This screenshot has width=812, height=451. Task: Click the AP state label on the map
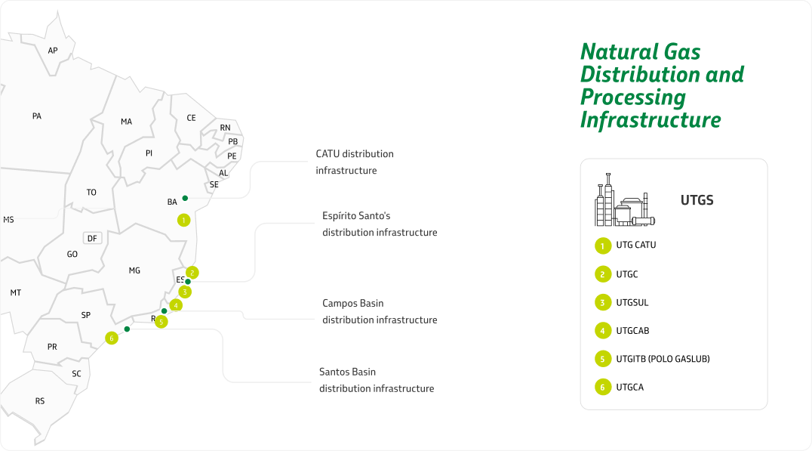point(53,51)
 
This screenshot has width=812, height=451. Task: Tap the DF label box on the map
point(93,238)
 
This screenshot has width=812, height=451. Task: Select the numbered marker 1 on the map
point(183,220)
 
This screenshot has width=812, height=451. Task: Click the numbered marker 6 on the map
point(112,338)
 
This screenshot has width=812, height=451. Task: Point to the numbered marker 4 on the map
point(176,305)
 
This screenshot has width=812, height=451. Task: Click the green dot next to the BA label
point(185,198)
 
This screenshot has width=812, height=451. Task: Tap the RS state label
point(40,400)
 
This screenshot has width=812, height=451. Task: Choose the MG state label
point(134,270)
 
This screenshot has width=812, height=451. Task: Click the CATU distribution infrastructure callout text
point(354,162)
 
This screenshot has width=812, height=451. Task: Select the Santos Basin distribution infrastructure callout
point(376,380)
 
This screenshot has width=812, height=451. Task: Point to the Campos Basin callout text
point(379,311)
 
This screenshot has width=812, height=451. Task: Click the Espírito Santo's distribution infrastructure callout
point(379,224)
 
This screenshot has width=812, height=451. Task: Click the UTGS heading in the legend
point(697,200)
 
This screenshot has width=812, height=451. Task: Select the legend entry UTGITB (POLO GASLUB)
point(663,359)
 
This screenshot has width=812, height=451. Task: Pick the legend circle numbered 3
point(602,303)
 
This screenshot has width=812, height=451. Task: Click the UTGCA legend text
point(629,388)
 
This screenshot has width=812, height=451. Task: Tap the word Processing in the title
point(632,97)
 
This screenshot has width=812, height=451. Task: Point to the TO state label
point(91,192)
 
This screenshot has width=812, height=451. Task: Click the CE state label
point(191,118)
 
